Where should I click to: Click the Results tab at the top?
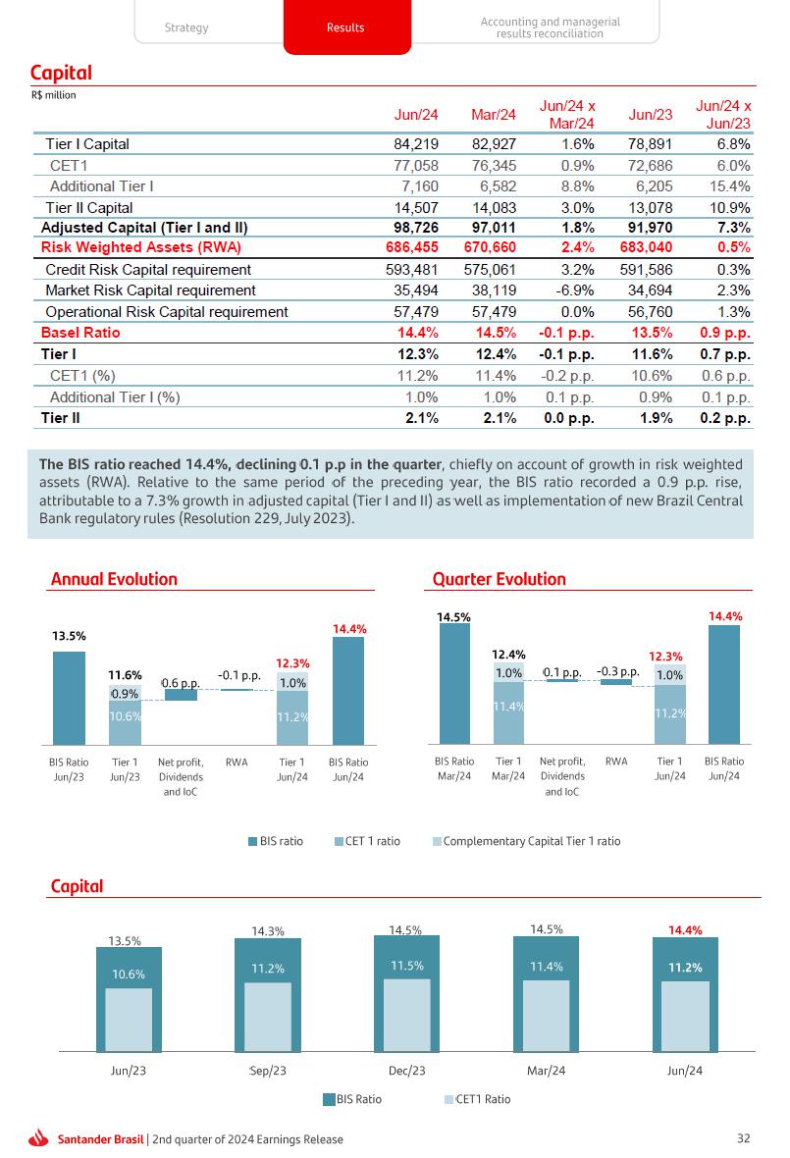coord(345,27)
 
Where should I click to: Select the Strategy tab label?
coord(186,27)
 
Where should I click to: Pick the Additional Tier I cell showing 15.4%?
coord(729,186)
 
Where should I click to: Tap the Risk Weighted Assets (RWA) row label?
coord(141,247)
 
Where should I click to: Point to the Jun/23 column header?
coord(651,115)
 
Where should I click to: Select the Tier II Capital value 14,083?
coord(494,208)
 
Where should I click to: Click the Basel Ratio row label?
coord(80,333)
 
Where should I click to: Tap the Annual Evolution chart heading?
coord(114,579)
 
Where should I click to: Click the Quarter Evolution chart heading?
coord(500,579)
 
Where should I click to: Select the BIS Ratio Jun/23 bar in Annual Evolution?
coord(69,698)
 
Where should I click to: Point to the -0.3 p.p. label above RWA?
coord(617,672)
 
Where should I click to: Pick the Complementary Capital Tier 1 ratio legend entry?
coord(531,841)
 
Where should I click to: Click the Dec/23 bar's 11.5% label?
coord(406,966)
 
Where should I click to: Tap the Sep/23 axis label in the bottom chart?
coord(267,1071)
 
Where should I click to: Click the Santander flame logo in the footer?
coord(39,1138)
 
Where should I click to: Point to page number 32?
coord(743,1138)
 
